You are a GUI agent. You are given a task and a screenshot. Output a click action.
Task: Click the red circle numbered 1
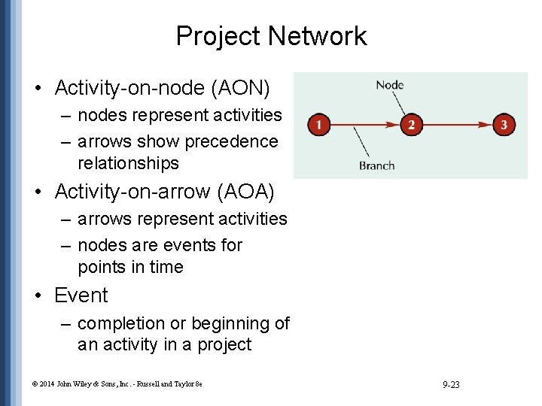click(320, 124)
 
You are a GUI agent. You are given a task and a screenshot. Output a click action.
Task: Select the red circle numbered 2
click(410, 124)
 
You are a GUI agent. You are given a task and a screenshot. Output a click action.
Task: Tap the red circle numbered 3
click(504, 124)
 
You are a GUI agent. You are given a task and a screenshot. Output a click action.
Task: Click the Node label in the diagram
click(390, 84)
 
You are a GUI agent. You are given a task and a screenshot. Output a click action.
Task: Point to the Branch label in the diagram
click(376, 165)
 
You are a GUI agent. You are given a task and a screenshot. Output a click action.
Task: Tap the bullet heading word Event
click(81, 295)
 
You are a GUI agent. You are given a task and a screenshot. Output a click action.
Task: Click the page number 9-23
click(452, 385)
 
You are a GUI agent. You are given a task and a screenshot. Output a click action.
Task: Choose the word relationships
click(128, 163)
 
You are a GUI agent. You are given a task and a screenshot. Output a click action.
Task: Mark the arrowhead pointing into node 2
click(394, 124)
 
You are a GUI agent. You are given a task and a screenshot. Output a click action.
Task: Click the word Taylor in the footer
click(184, 385)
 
